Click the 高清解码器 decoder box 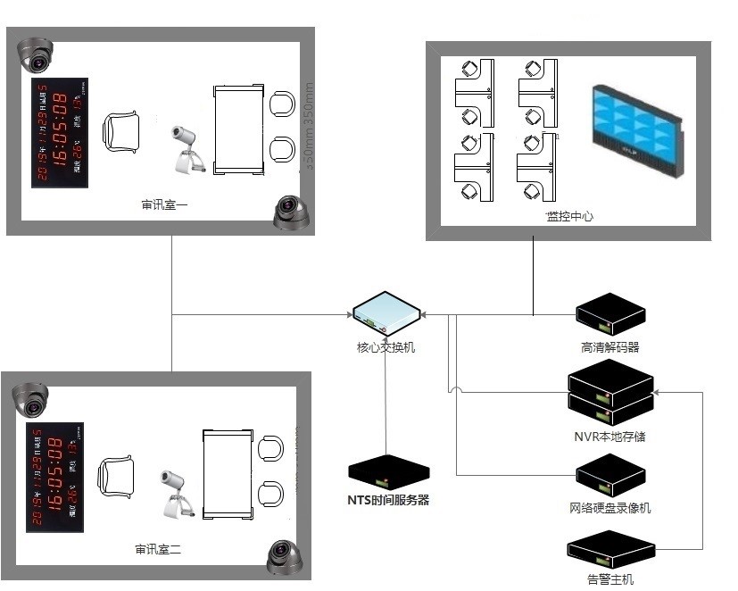[x=609, y=315]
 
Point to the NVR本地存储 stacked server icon [x=611, y=394]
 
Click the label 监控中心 [x=569, y=216]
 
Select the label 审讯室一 [x=164, y=205]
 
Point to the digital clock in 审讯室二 [x=55, y=478]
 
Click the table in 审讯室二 [x=228, y=474]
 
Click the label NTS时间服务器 [x=388, y=500]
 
